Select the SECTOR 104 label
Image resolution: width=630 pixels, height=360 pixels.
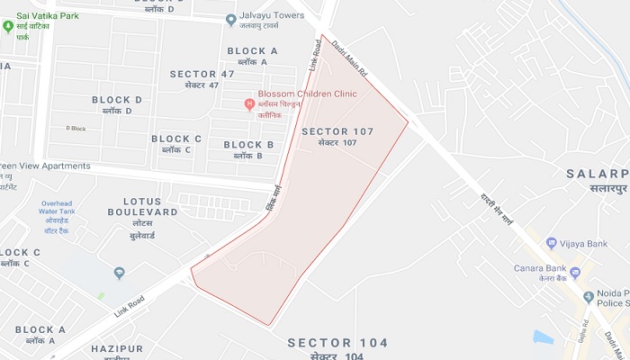337,343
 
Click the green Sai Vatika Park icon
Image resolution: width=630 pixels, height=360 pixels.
8,26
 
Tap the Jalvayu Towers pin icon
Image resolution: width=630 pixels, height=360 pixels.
231,18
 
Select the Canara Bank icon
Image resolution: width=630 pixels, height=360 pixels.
575,273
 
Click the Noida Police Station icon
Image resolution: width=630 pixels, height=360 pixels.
589,296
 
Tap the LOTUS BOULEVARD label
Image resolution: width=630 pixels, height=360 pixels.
142,211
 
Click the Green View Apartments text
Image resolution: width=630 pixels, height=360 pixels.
45,166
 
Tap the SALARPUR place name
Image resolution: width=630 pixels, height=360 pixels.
597,173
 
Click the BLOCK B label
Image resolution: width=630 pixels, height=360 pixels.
248,145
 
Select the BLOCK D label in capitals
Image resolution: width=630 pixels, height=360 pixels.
117,100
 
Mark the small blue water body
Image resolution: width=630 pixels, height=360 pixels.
543,337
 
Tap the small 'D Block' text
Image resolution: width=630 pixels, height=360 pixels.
76,128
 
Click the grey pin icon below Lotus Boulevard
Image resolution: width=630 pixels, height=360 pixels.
119,273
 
